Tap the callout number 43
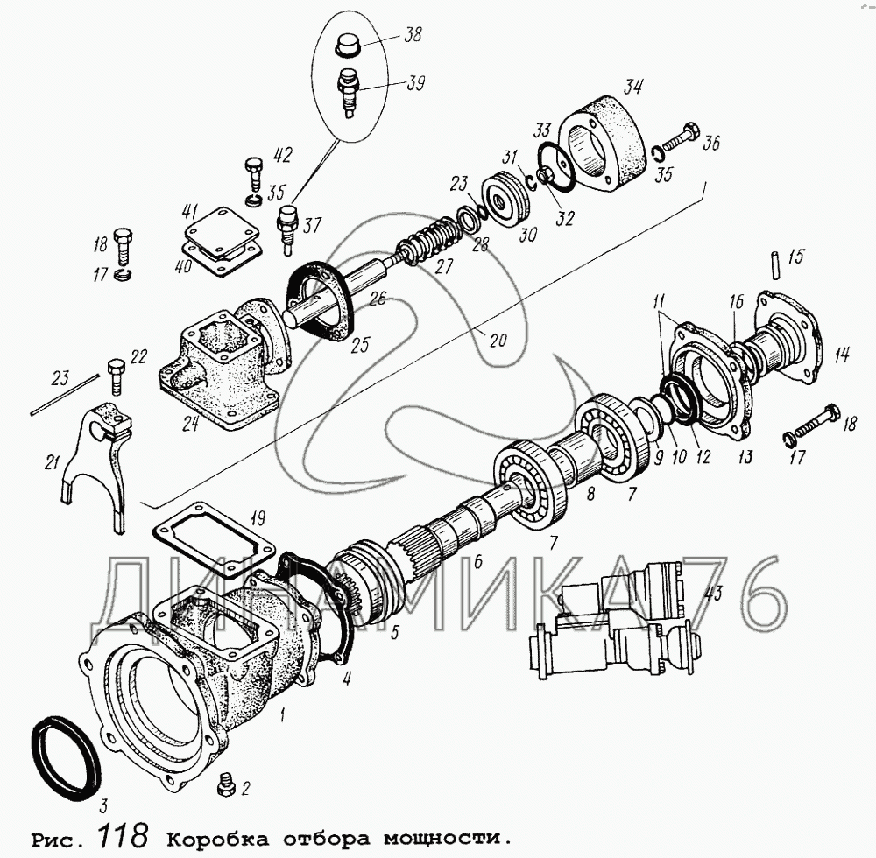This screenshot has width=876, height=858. coord(714,594)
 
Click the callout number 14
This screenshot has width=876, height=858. coord(842,355)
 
